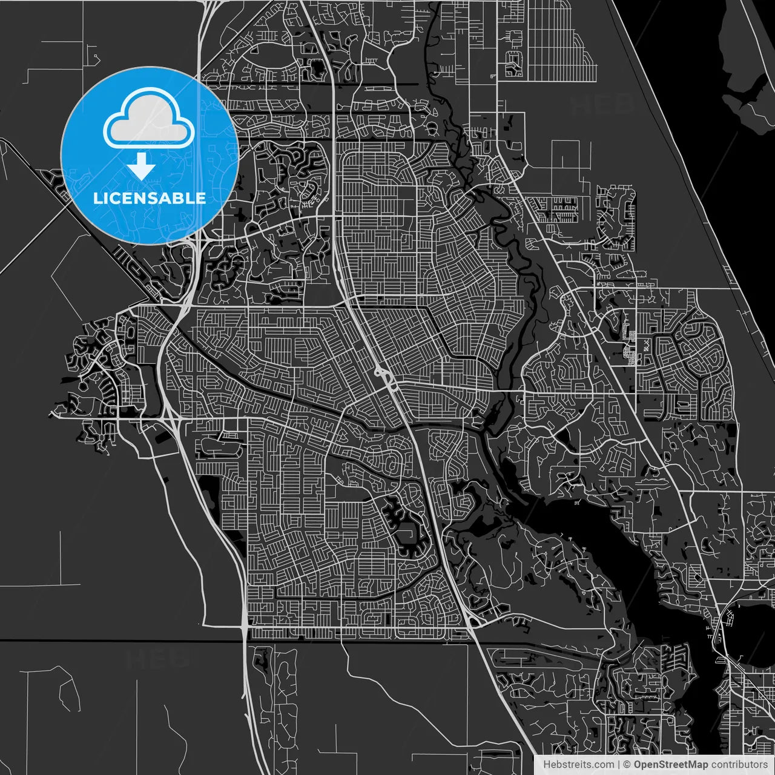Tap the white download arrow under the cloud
(142, 165)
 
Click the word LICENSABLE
(149, 198)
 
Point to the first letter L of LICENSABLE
(97, 198)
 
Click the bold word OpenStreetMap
(671, 765)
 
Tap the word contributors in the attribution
(740, 765)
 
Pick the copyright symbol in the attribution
(627, 765)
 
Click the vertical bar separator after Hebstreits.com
(618, 765)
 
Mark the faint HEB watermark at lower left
(157, 659)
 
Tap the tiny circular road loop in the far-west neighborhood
(83, 385)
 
